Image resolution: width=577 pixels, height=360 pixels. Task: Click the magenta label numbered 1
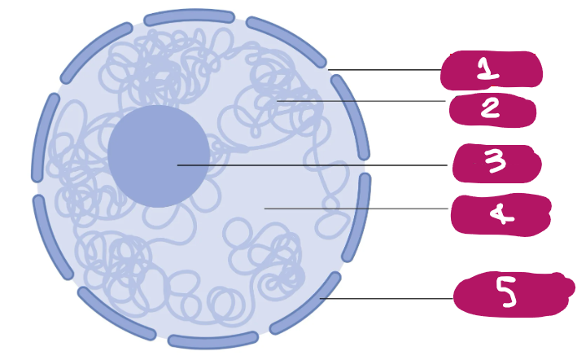pyautogui.click(x=492, y=70)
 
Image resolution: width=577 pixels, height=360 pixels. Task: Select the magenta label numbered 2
pyautogui.click(x=492, y=110)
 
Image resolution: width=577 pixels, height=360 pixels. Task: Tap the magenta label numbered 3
pyautogui.click(x=496, y=163)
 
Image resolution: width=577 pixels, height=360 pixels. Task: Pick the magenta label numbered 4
pyautogui.click(x=501, y=214)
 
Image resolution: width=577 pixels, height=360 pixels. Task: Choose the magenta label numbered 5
pyautogui.click(x=514, y=294)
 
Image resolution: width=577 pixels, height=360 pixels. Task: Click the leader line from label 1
pyautogui.click(x=385, y=69)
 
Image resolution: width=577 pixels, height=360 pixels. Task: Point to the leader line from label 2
pyautogui.click(x=361, y=100)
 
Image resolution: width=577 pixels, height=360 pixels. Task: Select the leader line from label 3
pyautogui.click(x=313, y=165)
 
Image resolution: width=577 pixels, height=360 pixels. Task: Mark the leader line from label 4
pyautogui.click(x=356, y=209)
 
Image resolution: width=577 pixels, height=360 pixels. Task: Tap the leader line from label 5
pyautogui.click(x=387, y=299)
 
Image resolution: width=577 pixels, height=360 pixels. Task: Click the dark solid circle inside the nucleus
pyautogui.click(x=159, y=156)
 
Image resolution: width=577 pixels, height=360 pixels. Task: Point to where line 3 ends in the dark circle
pyautogui.click(x=177, y=165)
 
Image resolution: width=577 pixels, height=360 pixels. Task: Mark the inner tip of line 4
pyautogui.click(x=264, y=209)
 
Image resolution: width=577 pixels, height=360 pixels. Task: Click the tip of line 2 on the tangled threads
pyautogui.click(x=277, y=100)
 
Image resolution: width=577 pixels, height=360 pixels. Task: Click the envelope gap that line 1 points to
pyautogui.click(x=329, y=70)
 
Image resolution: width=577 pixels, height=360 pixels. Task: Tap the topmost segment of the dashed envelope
pyautogui.click(x=189, y=17)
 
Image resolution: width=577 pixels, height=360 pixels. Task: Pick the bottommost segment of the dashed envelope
pyautogui.click(x=213, y=340)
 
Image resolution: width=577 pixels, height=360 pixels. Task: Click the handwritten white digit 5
pyautogui.click(x=506, y=292)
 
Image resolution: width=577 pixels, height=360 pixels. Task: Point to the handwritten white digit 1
pyautogui.click(x=487, y=69)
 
